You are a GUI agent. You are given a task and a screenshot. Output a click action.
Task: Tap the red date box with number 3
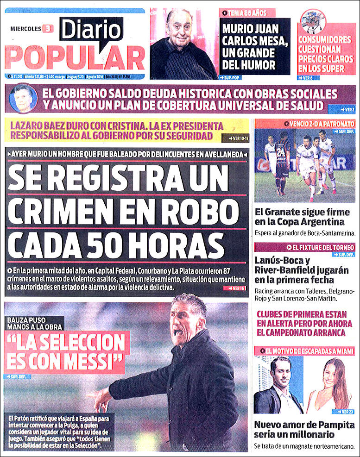pyautogui.click(x=47, y=29)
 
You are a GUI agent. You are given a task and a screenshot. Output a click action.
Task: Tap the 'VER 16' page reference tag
pyautogui.click(x=236, y=288)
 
